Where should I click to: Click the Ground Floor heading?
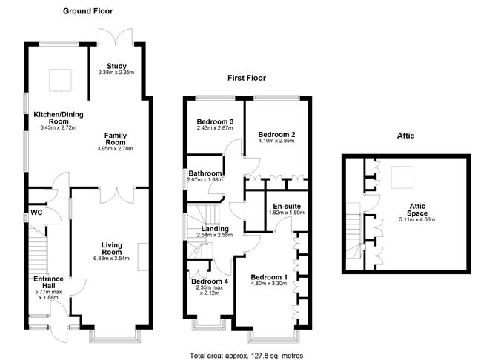(87, 11)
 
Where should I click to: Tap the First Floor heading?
(247, 78)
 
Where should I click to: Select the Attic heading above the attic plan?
(405, 136)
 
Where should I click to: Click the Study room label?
(116, 66)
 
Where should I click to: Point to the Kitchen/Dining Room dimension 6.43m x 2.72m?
(59, 128)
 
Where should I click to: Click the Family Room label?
(116, 139)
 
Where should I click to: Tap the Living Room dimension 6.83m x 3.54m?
(111, 258)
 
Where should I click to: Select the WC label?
(36, 213)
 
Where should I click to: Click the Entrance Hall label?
(48, 282)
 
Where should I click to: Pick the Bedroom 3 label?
(215, 121)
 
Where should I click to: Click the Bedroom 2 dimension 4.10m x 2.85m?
(276, 141)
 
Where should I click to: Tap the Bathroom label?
(205, 173)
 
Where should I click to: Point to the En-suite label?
(287, 207)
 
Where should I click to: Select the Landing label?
(215, 229)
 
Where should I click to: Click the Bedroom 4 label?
(210, 281)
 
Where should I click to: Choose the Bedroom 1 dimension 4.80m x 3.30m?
(269, 283)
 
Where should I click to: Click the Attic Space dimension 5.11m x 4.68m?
(416, 219)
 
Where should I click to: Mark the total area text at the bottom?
(247, 356)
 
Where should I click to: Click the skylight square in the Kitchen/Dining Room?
(60, 80)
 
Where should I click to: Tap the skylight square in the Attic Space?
(402, 177)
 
